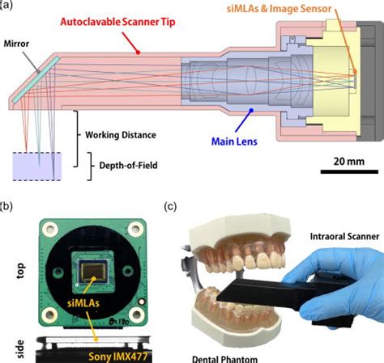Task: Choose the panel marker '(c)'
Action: (x=173, y=206)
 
